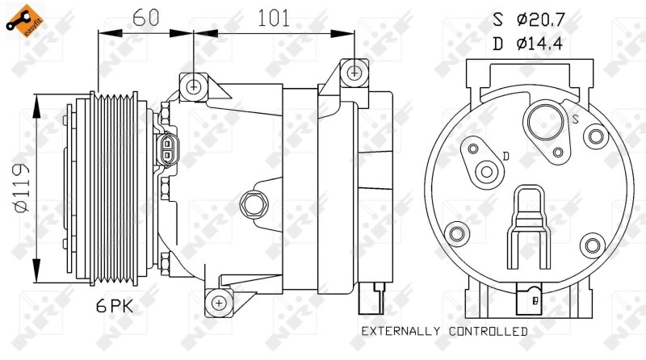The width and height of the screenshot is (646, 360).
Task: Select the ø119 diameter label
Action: (22, 187)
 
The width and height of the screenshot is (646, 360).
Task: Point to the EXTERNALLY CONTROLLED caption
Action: (444, 332)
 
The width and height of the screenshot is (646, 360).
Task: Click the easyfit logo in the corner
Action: (23, 21)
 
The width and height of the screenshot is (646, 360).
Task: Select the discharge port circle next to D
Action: (487, 171)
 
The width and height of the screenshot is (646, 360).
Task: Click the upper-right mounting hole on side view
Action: (354, 73)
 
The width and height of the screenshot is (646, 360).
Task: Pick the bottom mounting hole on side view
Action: (218, 303)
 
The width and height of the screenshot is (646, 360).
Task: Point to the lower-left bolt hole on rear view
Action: (457, 235)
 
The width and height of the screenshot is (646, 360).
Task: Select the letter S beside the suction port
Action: (576, 119)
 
